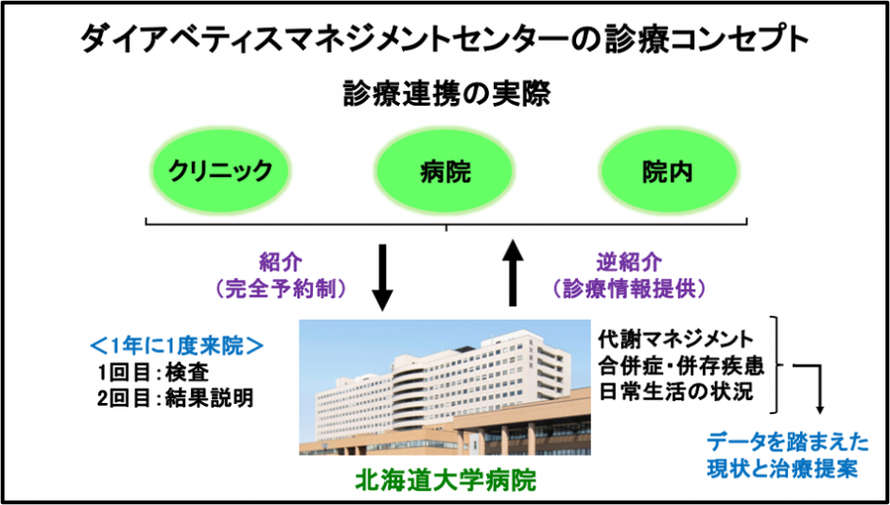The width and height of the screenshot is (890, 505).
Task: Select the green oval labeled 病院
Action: (445, 171)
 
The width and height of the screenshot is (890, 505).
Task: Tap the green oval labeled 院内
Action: (668, 171)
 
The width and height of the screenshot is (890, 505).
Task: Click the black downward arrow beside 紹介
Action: (382, 277)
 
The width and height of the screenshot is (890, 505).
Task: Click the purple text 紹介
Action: (280, 263)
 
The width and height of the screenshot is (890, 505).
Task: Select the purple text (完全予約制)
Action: (280, 289)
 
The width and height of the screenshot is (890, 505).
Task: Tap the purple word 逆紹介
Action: (628, 263)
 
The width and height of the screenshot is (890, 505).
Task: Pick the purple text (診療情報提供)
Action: (629, 289)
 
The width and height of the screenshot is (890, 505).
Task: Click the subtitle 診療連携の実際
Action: (446, 95)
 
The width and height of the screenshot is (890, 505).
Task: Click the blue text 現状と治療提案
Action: (782, 469)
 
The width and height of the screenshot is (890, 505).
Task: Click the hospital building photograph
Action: (445, 387)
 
